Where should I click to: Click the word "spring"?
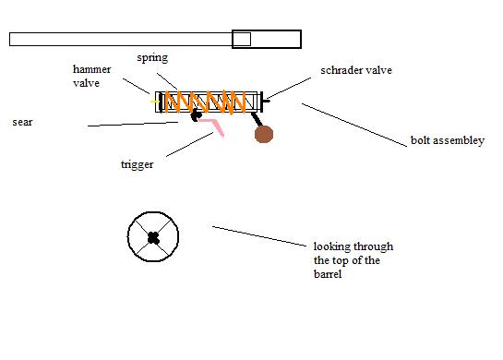(x=154, y=57)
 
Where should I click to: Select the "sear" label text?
(x=22, y=121)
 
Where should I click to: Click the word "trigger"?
(x=137, y=165)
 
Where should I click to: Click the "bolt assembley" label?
(x=448, y=142)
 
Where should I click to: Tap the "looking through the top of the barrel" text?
(x=353, y=260)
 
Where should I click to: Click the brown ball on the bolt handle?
(x=265, y=135)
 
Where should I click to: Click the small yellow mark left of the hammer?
(x=154, y=100)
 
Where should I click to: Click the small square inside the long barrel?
(x=241, y=39)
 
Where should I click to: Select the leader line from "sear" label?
(x=134, y=124)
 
